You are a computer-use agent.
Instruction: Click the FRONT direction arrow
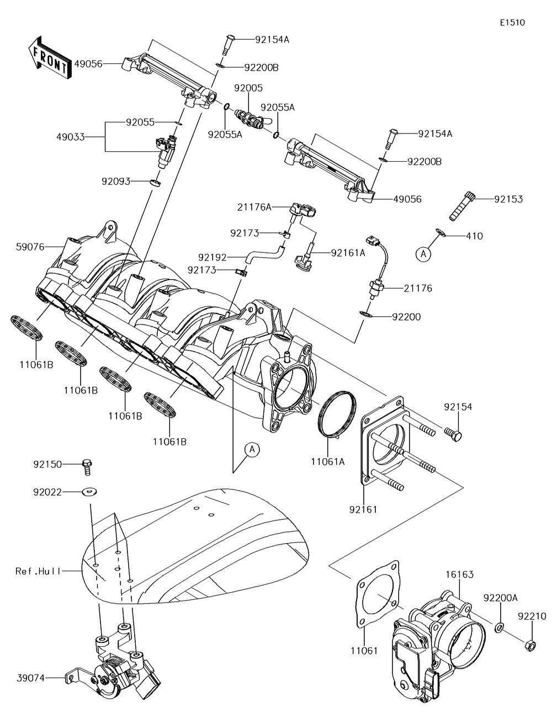tap(49, 55)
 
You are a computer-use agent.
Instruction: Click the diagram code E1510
tap(512, 23)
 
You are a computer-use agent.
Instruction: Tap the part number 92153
tap(508, 199)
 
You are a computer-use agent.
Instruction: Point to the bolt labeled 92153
tap(460, 204)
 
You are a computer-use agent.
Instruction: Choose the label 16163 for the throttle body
tap(460, 574)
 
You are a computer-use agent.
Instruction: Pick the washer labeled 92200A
tap(498, 627)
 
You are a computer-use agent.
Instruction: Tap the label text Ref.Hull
tap(38, 571)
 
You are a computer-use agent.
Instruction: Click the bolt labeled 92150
tap(87, 466)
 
